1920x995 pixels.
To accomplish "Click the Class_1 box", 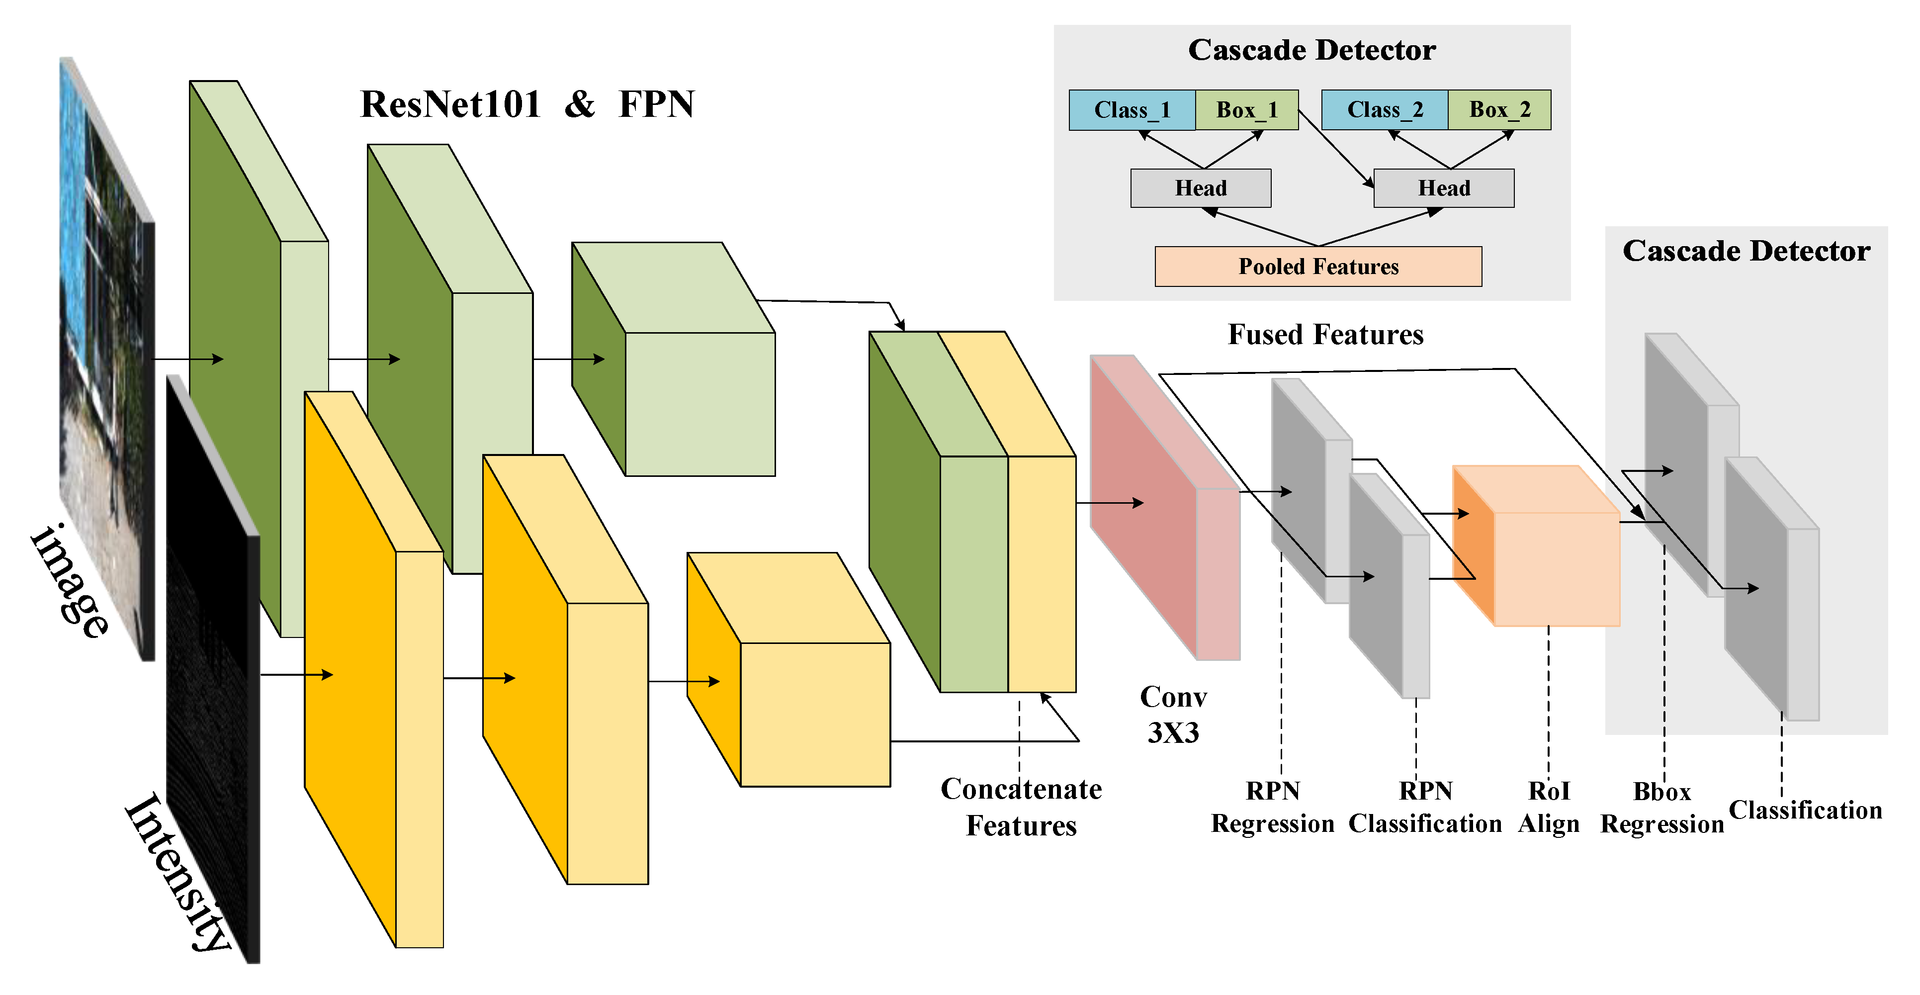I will (x=1132, y=110).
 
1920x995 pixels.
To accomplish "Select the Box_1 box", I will (x=1246, y=110).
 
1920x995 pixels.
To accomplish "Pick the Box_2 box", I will (x=1499, y=110).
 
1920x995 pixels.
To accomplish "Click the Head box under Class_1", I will (x=1200, y=188).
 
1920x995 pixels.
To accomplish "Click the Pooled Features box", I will (x=1318, y=266).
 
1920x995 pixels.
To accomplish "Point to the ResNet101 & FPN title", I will (x=527, y=104).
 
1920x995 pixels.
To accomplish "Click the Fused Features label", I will (x=1325, y=335).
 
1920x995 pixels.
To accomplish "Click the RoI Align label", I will (x=1548, y=807).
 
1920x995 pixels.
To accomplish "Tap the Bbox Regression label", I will (x=1661, y=808).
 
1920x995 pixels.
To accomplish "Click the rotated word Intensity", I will (x=177, y=872).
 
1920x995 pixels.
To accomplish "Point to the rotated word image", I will (x=71, y=581).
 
